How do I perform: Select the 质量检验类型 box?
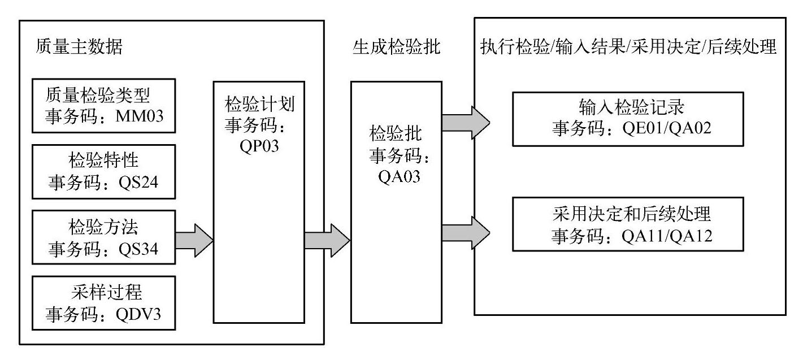tap(103, 106)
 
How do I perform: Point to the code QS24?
tap(144, 183)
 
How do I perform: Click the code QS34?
tap(144, 249)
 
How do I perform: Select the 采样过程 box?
tap(103, 302)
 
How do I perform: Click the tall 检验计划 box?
tap(258, 226)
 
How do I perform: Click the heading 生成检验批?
tap(396, 47)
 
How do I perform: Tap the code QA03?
tap(396, 176)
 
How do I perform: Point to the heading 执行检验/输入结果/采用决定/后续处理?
tap(628, 47)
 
